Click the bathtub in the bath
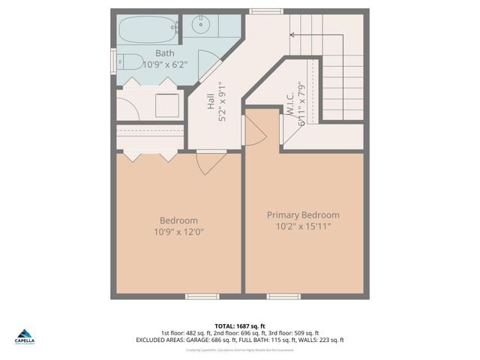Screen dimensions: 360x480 coord(148,30)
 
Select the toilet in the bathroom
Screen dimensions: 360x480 coord(131,61)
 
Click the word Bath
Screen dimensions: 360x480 coord(165,53)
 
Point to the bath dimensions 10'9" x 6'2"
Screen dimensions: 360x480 coord(165,65)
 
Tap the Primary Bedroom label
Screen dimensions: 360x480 coord(303,214)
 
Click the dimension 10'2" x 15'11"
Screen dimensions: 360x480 coord(303,226)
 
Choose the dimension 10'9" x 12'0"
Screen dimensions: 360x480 coord(178,232)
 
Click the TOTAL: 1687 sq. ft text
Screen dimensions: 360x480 coord(239,325)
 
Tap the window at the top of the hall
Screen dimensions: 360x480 coord(261,11)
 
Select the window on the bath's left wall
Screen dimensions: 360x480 coord(113,59)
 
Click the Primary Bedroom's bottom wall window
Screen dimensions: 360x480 coord(283,296)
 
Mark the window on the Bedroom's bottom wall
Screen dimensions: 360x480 coord(202,296)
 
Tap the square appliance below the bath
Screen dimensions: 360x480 coord(166,106)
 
